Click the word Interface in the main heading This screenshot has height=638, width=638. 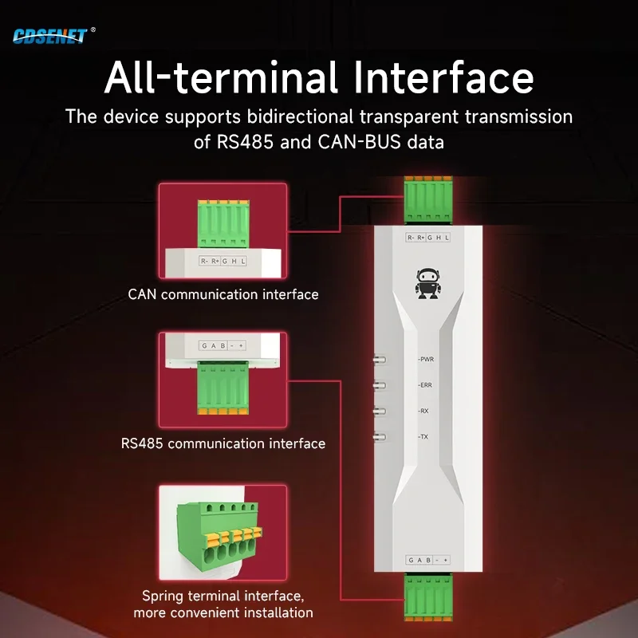[x=443, y=77]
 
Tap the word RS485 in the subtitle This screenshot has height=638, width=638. [x=245, y=142]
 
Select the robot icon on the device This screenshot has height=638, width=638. [x=428, y=283]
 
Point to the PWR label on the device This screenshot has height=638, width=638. [x=426, y=360]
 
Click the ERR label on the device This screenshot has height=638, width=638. [x=425, y=385]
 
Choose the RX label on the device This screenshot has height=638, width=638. [x=423, y=411]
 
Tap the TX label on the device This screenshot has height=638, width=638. [x=423, y=437]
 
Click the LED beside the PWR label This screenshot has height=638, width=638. [x=380, y=360]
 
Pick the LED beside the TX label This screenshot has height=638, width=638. [x=380, y=437]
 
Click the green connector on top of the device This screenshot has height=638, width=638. [x=428, y=199]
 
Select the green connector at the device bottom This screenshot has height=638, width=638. [x=428, y=597]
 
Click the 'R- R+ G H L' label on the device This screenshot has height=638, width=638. [x=428, y=237]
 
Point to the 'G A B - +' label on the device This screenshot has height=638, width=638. [x=428, y=560]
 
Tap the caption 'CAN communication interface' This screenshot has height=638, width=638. [x=223, y=294]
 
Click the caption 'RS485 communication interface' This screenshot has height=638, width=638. [x=223, y=443]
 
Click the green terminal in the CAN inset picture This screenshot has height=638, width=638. [x=223, y=223]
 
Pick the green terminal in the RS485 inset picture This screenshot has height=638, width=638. [x=223, y=388]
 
